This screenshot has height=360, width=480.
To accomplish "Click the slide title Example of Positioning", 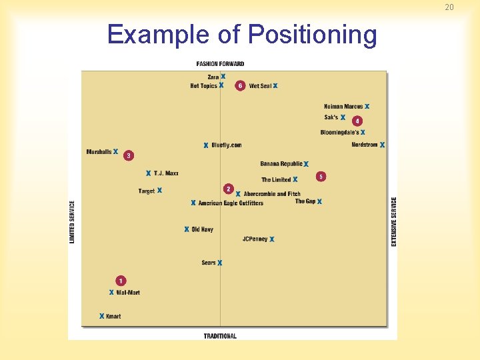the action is point(241,35).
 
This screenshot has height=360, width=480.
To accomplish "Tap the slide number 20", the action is point(449,7).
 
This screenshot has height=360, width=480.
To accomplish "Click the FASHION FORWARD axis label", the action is point(220,64).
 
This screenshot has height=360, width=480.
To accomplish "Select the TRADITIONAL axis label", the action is point(220,336).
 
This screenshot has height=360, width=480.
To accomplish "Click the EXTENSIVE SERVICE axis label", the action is point(394,221).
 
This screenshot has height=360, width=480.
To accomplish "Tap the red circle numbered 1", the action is point(121,281).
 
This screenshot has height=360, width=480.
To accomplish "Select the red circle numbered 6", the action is point(240,86).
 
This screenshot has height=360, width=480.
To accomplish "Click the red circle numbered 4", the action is point(357,121).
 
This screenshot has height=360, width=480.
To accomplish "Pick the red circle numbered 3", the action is point(129,155).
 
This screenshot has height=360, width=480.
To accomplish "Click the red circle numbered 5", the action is point(321,177).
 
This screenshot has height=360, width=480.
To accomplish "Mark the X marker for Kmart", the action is point(101,316).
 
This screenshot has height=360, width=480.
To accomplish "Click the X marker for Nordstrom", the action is point(382,145).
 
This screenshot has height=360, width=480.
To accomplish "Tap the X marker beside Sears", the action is point(219,263).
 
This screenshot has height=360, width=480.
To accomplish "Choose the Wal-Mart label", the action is point(128,293).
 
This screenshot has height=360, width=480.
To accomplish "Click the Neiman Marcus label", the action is point(343,107).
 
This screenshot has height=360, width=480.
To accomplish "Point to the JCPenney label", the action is point(255,239).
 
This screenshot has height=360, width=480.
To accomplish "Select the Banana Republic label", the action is point(281,164).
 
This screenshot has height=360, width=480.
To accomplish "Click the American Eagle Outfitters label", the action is point(231,203).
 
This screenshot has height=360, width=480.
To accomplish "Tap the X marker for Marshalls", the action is point(115,152).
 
